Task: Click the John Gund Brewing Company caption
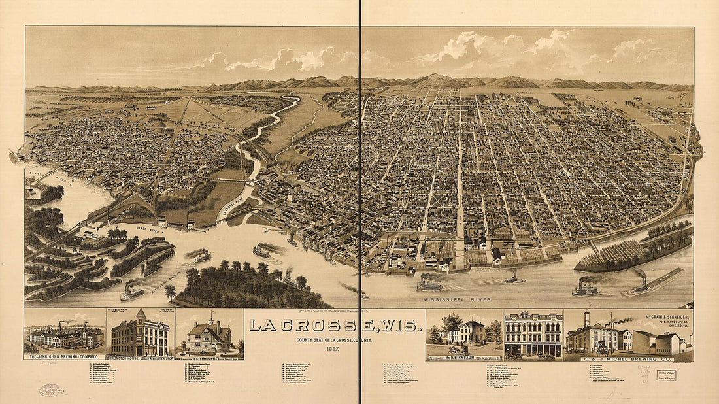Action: (x=64, y=356)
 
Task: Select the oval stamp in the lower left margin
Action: (x=51, y=390)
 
